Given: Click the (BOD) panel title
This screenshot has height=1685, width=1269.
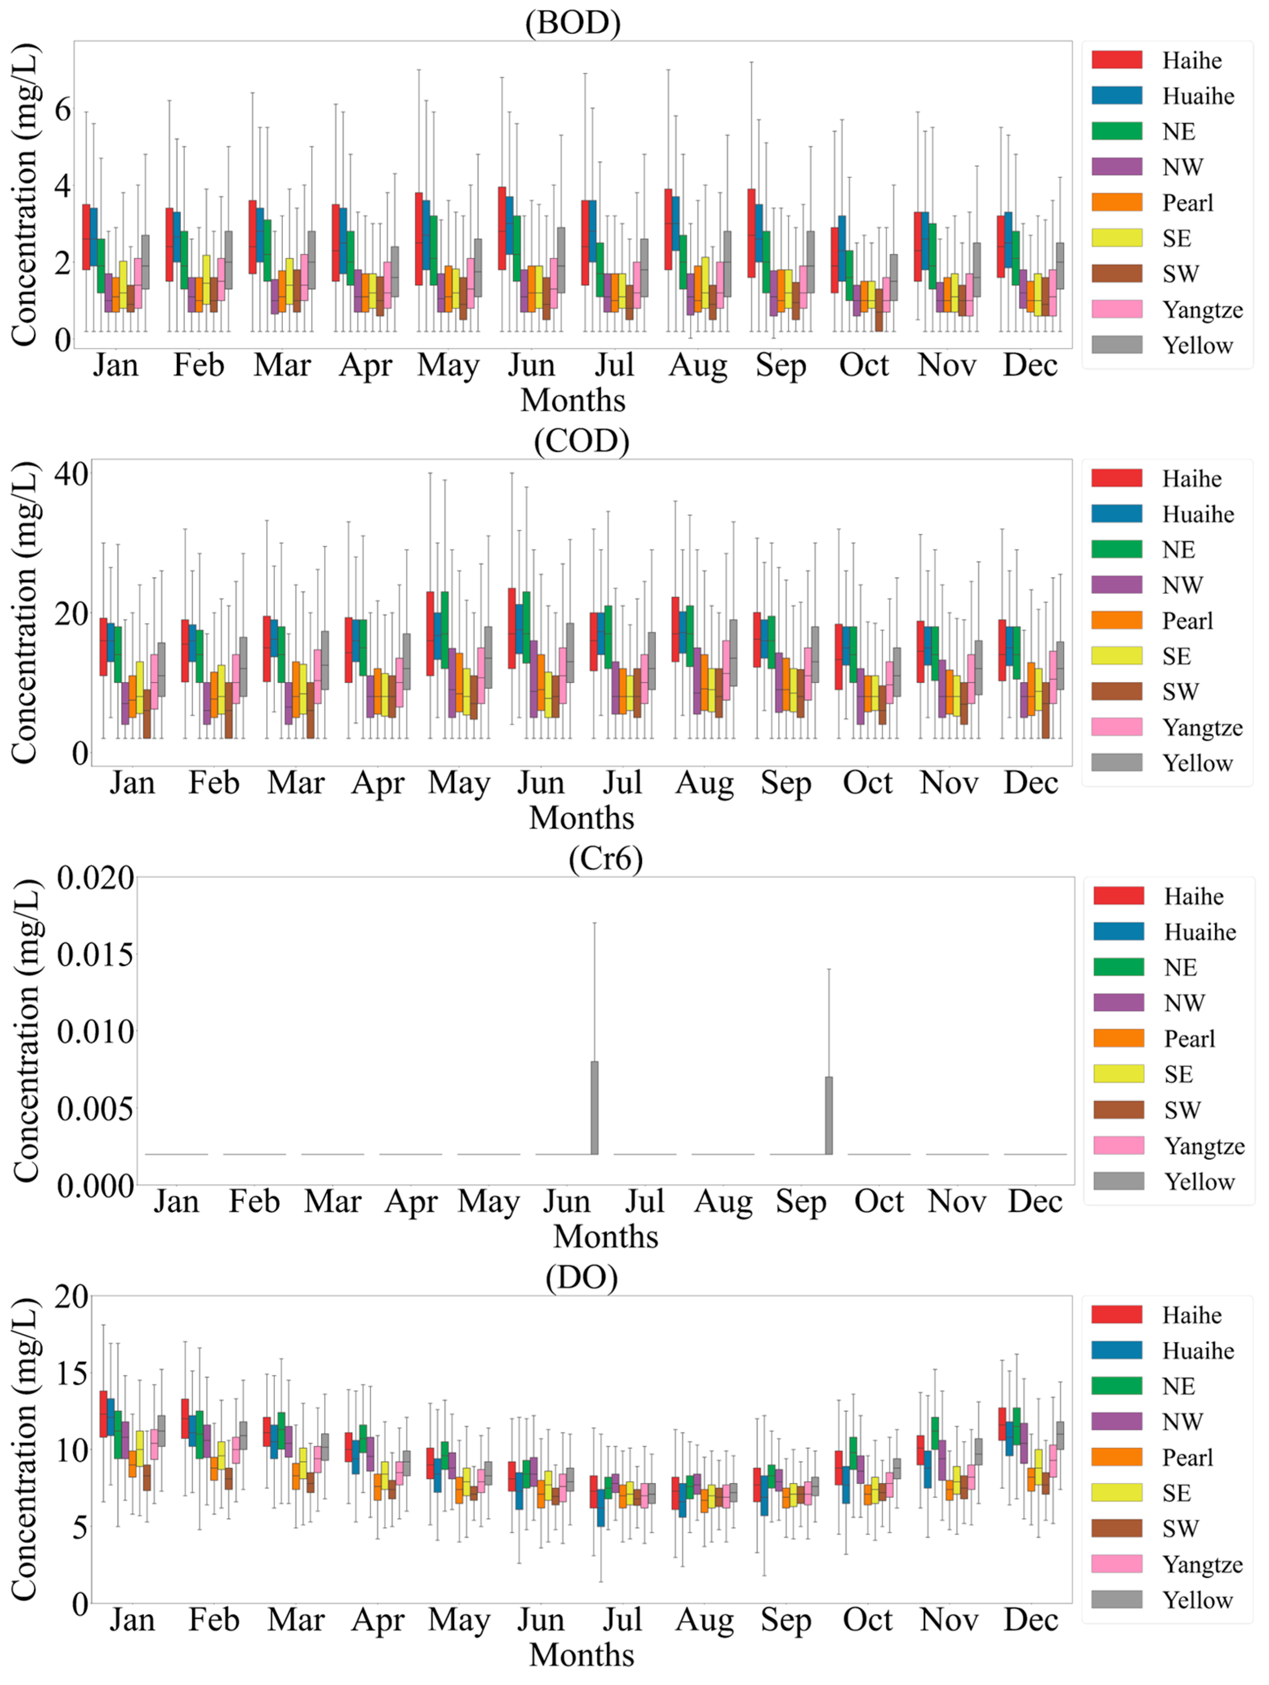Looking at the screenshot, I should click(x=573, y=23).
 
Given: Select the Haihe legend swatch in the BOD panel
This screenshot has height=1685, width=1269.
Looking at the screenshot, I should click(x=1117, y=60).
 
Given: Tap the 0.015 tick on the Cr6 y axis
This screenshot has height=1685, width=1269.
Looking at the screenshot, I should click(x=95, y=954).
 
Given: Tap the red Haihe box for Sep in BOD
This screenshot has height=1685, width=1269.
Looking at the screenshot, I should click(x=751, y=233).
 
